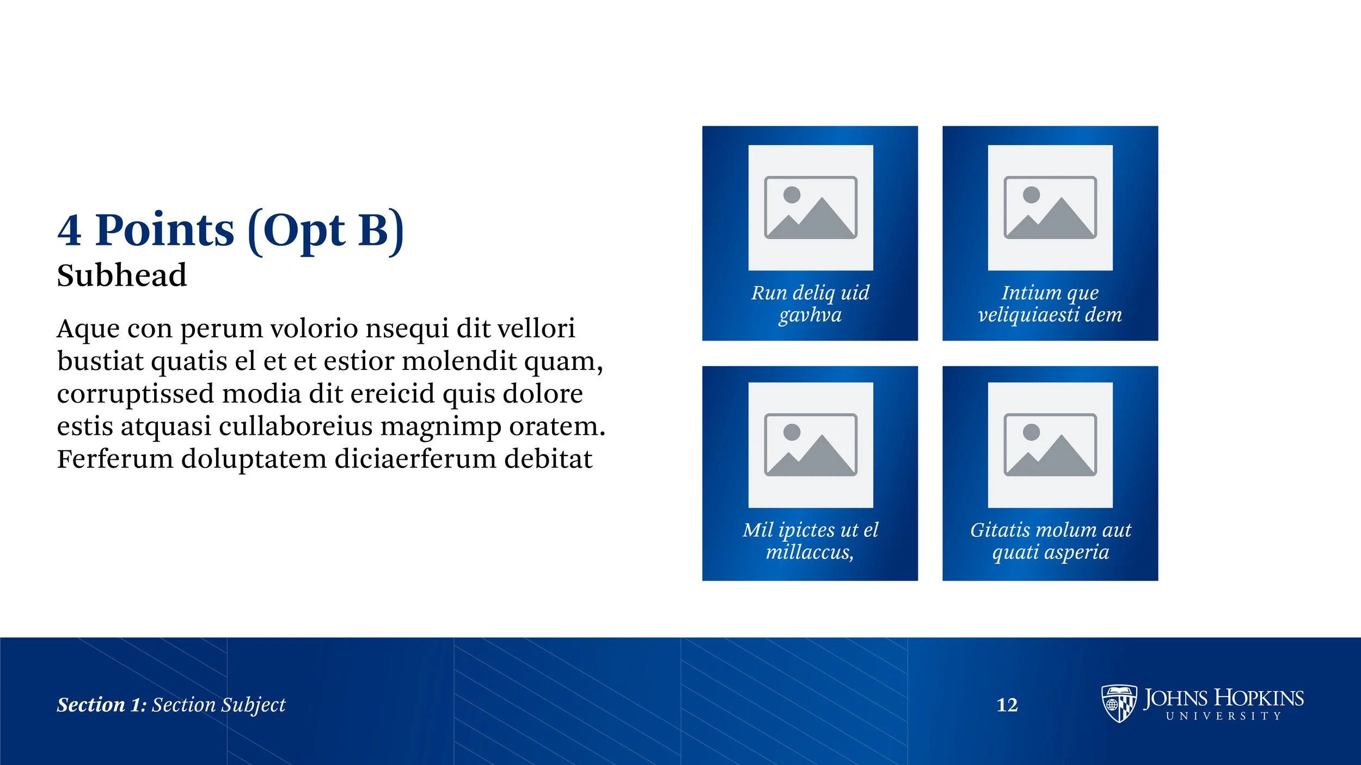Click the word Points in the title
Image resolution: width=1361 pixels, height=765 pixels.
point(164,231)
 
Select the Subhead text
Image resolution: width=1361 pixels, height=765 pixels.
point(122,275)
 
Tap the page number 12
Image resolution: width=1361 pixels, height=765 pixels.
point(1007,705)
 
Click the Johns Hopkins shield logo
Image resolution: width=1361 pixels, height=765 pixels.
point(1119,704)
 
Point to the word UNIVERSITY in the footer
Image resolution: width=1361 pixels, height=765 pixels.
point(1223,717)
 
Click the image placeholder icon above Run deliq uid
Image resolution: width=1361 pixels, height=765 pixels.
point(811,207)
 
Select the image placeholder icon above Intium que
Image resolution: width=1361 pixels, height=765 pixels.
point(1050,207)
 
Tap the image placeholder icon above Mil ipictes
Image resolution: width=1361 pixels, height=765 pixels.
point(811,445)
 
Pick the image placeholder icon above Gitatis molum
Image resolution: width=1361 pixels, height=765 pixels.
point(1050,445)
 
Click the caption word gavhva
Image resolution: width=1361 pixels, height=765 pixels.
point(810,315)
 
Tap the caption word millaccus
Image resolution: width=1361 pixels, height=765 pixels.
point(809,552)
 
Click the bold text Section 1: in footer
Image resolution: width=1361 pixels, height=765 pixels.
point(102,705)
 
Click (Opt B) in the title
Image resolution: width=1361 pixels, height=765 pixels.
point(326,231)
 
